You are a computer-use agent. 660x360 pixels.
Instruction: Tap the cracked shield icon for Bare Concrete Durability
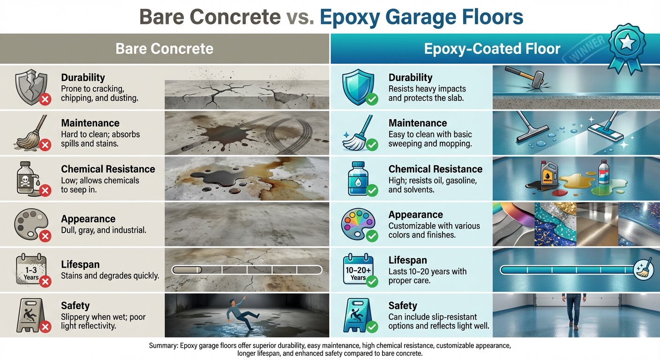pyautogui.click(x=30, y=86)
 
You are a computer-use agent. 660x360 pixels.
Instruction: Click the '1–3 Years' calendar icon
pyautogui.click(x=29, y=269)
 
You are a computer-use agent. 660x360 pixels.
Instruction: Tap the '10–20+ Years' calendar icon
pyautogui.click(x=358, y=269)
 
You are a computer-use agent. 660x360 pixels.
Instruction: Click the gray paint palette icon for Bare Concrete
pyautogui.click(x=30, y=223)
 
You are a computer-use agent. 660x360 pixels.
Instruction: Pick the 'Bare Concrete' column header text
pyautogui.click(x=164, y=49)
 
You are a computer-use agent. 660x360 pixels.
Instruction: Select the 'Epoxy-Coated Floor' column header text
pyautogui.click(x=492, y=49)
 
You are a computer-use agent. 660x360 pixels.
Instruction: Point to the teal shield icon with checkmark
pyautogui.click(x=358, y=86)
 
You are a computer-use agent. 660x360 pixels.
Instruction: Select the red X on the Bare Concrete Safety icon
pyautogui.click(x=45, y=327)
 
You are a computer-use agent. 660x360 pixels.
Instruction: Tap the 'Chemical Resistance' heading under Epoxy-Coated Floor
pyautogui.click(x=435, y=169)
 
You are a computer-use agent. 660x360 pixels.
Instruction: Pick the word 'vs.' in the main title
pyautogui.click(x=300, y=17)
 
